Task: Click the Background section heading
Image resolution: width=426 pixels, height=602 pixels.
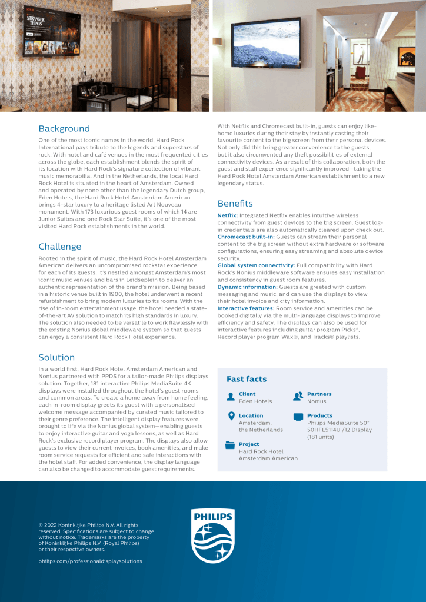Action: [64, 128]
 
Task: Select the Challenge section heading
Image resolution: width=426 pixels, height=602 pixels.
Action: [60, 246]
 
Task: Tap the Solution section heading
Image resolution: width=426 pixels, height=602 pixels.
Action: [56, 357]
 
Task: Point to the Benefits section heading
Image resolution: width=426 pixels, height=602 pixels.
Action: [235, 203]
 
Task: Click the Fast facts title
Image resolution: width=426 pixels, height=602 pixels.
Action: [247, 379]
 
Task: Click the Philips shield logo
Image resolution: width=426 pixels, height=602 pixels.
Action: [213, 535]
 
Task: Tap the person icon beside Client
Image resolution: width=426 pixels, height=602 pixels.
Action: [231, 396]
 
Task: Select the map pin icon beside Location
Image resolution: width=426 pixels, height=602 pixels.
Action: [231, 417]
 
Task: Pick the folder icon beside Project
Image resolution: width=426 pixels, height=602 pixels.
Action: [231, 445]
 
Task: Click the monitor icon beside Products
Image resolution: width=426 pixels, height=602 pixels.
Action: [298, 417]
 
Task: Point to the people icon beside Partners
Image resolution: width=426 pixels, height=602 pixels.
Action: [298, 396]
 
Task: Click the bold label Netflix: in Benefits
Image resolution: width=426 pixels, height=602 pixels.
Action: [228, 216]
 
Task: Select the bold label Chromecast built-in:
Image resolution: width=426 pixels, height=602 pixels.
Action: [246, 237]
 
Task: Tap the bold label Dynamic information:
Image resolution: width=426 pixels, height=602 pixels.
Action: [247, 287]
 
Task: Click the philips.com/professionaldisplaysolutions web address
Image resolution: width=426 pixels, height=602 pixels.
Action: [90, 561]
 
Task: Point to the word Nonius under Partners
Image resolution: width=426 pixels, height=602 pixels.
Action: [317, 401]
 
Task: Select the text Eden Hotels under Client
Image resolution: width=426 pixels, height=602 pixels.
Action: [255, 401]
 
